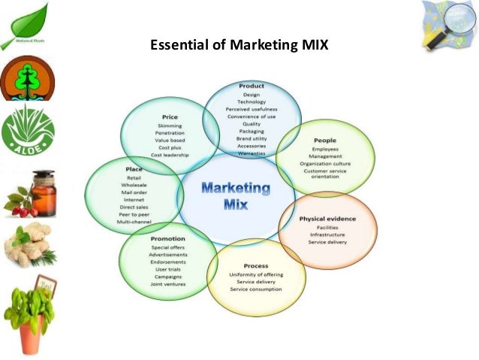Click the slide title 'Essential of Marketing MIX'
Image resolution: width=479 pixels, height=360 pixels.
tap(239, 44)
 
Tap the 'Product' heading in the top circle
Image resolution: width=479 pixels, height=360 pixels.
tap(252, 86)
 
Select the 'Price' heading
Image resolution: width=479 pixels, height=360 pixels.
tap(170, 117)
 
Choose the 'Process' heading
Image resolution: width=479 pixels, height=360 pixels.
tap(256, 266)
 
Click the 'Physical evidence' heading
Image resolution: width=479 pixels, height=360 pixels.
tap(327, 219)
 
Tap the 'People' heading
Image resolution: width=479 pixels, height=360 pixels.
tap(325, 140)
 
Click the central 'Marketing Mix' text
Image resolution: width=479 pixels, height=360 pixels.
tap(236, 195)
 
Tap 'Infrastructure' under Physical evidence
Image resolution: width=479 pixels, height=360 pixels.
tap(327, 234)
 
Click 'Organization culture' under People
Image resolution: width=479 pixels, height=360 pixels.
tap(325, 163)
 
